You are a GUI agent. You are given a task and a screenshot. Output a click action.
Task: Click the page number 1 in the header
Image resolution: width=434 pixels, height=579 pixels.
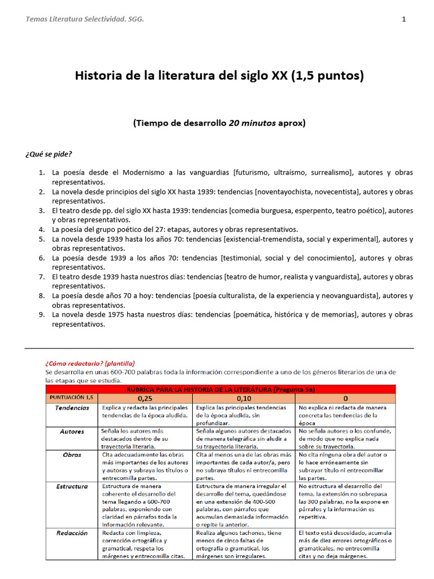click(x=403, y=20)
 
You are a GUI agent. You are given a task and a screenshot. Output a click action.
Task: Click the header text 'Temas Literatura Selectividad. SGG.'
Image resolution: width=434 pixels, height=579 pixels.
click(x=85, y=20)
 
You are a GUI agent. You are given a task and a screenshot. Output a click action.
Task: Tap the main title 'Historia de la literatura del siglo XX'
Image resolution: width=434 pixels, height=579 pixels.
click(x=182, y=76)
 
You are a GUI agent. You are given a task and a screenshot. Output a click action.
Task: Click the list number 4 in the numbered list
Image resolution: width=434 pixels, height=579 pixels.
click(x=42, y=230)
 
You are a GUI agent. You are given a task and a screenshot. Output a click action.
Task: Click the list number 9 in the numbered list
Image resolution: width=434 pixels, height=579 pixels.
click(x=42, y=315)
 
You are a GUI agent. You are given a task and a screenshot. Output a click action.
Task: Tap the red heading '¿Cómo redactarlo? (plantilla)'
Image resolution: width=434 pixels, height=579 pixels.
click(x=90, y=363)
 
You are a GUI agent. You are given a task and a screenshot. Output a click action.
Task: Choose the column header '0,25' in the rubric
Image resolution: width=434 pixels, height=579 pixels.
click(x=146, y=398)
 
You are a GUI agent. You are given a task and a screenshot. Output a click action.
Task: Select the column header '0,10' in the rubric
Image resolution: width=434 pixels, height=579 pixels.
click(x=244, y=398)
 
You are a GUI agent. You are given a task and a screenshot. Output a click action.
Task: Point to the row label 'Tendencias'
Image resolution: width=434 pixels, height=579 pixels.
click(x=72, y=408)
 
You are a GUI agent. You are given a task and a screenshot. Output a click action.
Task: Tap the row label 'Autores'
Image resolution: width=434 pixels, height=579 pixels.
click(x=72, y=431)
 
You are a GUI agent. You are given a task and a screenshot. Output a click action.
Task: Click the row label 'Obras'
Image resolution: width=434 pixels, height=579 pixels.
click(x=72, y=455)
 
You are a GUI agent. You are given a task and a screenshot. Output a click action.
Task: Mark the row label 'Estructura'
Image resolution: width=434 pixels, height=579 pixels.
click(x=72, y=486)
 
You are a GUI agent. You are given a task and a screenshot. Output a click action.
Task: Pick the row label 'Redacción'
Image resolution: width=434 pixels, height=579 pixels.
click(x=72, y=533)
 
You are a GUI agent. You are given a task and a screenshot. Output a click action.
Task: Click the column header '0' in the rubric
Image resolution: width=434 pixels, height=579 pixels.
click(x=345, y=398)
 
